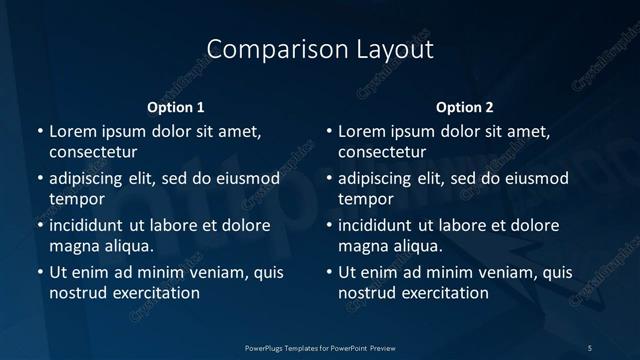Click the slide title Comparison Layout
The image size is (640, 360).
(320, 49)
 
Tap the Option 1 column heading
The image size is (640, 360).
(176, 107)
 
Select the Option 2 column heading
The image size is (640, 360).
(465, 107)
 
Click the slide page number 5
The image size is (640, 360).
(590, 347)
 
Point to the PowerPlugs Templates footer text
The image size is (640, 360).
(320, 347)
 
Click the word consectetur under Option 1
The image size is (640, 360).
(93, 152)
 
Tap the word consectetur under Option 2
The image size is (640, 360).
(383, 152)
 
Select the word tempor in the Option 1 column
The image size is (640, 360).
(77, 199)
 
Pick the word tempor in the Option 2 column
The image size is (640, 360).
(367, 199)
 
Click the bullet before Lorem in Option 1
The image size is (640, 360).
(39, 131)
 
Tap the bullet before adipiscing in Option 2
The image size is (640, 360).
(329, 179)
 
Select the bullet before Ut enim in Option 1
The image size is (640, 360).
(39, 272)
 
